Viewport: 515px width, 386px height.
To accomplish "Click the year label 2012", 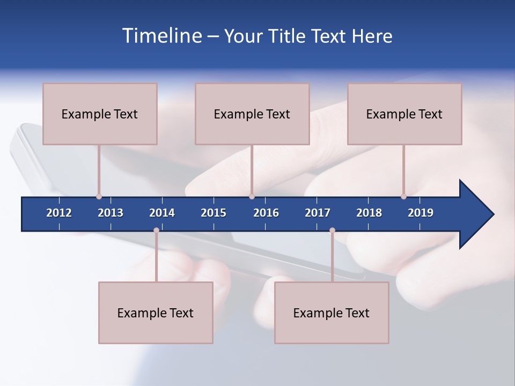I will click(x=59, y=213).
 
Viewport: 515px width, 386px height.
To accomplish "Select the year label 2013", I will click(x=111, y=213).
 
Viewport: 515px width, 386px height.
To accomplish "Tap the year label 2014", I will click(x=162, y=213).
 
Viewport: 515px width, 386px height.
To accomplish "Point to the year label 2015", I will click(x=214, y=213).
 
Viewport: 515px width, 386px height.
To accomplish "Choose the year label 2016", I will click(x=266, y=213).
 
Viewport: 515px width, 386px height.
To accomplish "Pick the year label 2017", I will click(x=318, y=213).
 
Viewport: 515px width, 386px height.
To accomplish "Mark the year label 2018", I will click(x=369, y=213).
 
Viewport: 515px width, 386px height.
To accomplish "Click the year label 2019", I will click(x=421, y=213).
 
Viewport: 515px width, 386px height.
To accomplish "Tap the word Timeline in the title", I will click(x=161, y=36).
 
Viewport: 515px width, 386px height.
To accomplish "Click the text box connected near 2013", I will click(x=100, y=114).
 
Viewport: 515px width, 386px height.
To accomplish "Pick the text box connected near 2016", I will click(x=252, y=114).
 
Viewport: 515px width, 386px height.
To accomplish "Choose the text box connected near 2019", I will click(x=404, y=114).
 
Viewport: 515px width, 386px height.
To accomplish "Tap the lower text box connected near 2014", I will click(x=156, y=313).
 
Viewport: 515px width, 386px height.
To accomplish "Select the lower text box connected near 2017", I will click(x=332, y=313).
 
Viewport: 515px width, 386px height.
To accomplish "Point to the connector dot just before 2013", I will click(x=99, y=196).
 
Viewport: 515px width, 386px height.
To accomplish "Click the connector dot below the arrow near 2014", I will click(x=156, y=231).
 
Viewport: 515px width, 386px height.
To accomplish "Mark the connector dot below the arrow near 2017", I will click(x=332, y=231).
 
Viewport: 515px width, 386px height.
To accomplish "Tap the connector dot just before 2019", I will click(x=403, y=196).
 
